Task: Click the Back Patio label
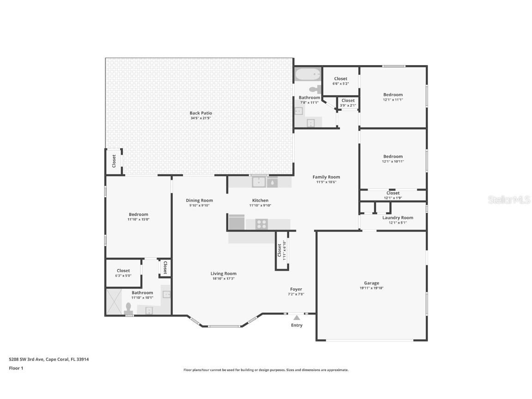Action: pyautogui.click(x=200, y=113)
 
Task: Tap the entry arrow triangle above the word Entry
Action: pyautogui.click(x=296, y=317)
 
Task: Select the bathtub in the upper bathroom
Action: pyautogui.click(x=308, y=74)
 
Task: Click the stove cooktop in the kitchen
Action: pyautogui.click(x=261, y=224)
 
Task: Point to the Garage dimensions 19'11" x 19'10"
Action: pyautogui.click(x=371, y=288)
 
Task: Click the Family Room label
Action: pyautogui.click(x=326, y=177)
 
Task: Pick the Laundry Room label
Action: pyautogui.click(x=398, y=218)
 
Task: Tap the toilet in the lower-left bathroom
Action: pyautogui.click(x=129, y=308)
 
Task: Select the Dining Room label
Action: pyautogui.click(x=199, y=200)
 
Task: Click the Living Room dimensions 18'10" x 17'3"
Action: pyautogui.click(x=224, y=278)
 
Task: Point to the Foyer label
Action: pyautogui.click(x=296, y=289)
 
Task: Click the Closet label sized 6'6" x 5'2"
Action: pyautogui.click(x=341, y=79)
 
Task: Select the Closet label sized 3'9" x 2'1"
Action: pyautogui.click(x=348, y=100)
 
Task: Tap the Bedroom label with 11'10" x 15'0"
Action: pyautogui.click(x=139, y=214)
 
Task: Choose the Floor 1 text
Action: pyautogui.click(x=16, y=368)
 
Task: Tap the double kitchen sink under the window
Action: pyautogui.click(x=259, y=182)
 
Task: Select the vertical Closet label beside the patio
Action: pyautogui.click(x=114, y=161)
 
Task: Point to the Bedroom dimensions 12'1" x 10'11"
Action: pyautogui.click(x=393, y=162)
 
